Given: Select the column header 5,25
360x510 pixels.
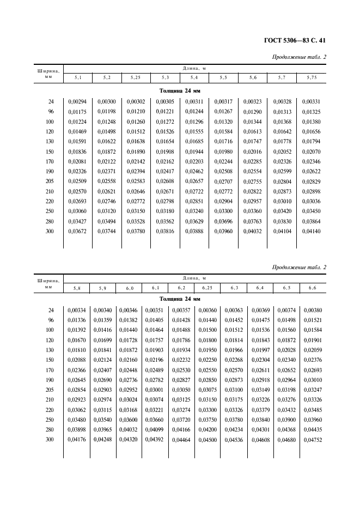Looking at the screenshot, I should [135, 78].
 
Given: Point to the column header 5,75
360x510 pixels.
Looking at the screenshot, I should [311, 78].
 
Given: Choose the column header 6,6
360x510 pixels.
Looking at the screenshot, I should [312, 287].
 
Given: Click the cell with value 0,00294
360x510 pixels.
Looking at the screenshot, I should [76, 101].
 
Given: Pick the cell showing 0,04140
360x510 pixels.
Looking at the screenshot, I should [311, 232].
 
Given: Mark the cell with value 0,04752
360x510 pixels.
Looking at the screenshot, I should [312, 440].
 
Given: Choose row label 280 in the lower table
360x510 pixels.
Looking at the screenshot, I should [51, 430].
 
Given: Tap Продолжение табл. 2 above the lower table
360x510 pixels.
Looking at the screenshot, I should [298, 267].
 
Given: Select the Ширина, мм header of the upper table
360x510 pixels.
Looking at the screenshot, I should [47, 74].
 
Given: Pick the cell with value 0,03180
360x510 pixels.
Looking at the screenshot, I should [164, 211].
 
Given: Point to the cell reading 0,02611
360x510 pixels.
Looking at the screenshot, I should [259, 369].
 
